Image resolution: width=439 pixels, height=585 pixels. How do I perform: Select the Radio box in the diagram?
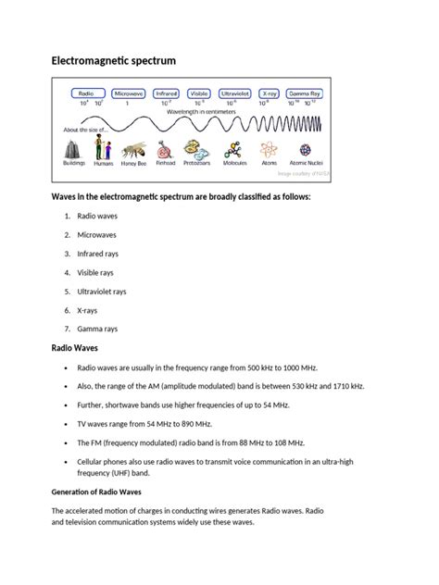pos(85,93)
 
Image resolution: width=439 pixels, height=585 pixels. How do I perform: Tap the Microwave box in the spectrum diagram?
pos(128,93)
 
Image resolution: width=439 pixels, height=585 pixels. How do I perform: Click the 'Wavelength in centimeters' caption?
pos(200,111)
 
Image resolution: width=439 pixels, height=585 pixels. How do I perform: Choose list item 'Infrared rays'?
pos(97,253)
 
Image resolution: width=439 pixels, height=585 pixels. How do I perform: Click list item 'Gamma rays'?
pos(95,329)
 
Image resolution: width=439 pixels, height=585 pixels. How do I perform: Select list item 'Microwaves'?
pos(94,234)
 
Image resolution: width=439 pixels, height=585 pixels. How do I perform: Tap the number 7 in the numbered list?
pos(67,329)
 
